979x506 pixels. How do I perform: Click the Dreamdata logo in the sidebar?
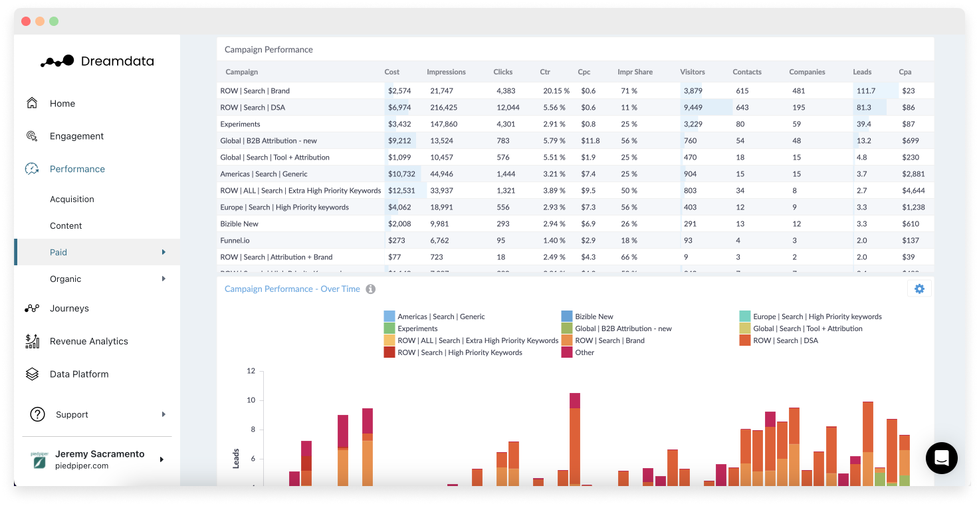pos(97,61)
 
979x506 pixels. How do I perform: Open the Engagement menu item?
pos(76,136)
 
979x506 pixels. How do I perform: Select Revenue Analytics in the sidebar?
pos(88,341)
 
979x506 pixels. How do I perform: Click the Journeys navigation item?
pos(69,309)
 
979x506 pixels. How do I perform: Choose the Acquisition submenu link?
pos(72,199)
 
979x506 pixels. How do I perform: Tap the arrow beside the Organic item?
pos(163,279)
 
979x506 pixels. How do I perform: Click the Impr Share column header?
pos(635,72)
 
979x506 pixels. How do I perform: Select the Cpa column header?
pos(905,72)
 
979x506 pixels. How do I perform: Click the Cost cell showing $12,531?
pos(401,191)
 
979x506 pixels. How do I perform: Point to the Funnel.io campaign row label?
pos(235,241)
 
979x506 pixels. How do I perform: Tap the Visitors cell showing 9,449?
pos(693,108)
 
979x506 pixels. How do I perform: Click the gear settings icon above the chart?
pos(919,289)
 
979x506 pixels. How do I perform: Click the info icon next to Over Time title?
pos(371,289)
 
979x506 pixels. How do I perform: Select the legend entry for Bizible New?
pos(594,317)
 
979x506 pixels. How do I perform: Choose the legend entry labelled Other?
pos(584,353)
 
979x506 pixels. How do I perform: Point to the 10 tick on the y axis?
pos(251,400)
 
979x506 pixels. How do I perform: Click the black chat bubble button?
pos(941,458)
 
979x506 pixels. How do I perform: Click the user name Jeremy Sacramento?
pos(100,454)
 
